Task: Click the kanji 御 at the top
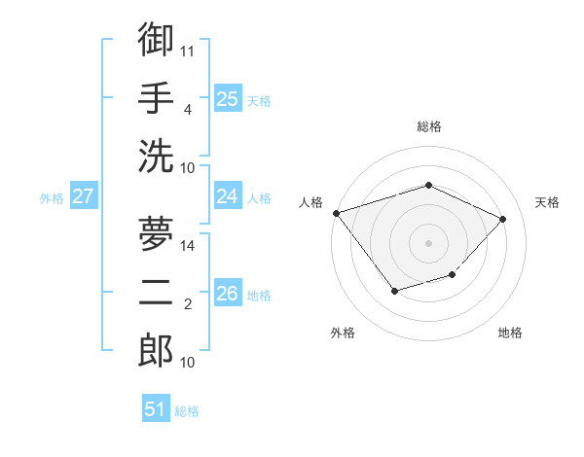coord(156,39)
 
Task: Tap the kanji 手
coord(156,97)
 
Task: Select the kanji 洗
coord(156,156)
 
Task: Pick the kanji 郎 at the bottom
coord(156,350)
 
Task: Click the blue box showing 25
coord(228,98)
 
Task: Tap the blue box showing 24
coord(228,196)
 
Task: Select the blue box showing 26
coord(228,293)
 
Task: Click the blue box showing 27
coord(84,196)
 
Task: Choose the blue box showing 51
coord(156,409)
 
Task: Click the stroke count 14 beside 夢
coord(188,246)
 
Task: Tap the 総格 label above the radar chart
coord(428,126)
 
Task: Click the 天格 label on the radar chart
coord(547,202)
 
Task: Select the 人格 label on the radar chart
coord(310,202)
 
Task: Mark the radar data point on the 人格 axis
coord(336,213)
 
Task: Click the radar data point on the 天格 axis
coord(502,219)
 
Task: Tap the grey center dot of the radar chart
coord(428,242)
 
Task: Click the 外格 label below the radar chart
coord(343,333)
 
